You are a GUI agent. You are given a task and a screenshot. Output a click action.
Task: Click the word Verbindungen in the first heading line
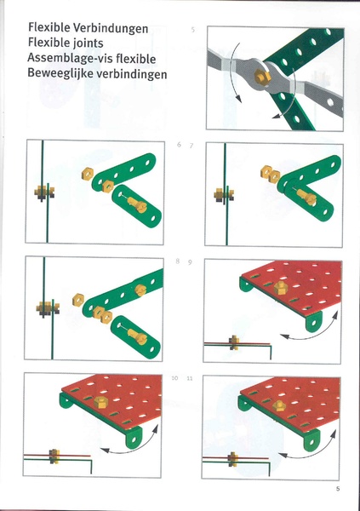click(111, 28)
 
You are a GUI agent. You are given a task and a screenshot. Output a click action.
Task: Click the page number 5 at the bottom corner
click(337, 488)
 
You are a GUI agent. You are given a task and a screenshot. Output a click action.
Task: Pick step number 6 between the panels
click(179, 146)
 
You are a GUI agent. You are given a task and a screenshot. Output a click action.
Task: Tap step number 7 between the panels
click(191, 146)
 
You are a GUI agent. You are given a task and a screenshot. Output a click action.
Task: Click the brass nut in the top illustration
click(264, 77)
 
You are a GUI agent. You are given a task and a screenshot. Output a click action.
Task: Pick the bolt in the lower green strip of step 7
click(307, 199)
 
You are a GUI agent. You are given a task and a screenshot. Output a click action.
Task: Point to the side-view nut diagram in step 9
click(234, 343)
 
